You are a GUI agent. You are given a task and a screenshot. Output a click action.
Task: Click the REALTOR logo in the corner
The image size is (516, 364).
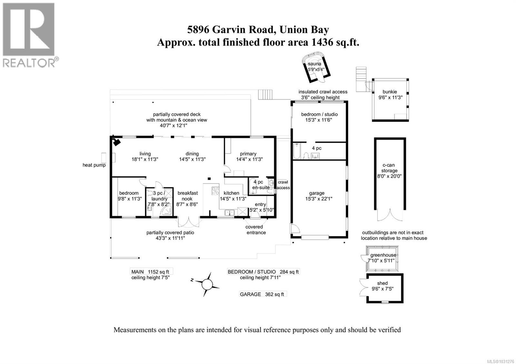(29, 34)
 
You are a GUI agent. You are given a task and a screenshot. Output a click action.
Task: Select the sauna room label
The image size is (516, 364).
(314, 64)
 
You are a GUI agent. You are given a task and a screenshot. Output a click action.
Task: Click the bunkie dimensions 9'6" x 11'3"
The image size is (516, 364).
(390, 98)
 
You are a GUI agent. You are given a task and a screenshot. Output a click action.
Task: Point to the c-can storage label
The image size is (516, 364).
(390, 168)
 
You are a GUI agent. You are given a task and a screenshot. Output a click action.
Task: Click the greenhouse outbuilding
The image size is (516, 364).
(383, 258)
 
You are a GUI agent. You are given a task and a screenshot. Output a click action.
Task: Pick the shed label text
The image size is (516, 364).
(382, 283)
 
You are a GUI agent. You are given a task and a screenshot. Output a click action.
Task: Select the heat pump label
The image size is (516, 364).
(94, 165)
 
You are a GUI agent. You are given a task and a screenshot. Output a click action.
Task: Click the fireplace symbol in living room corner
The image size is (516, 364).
(116, 141)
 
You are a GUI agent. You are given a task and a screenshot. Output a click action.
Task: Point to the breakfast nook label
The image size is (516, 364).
(187, 196)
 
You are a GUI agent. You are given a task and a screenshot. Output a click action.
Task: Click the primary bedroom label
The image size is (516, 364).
(248, 154)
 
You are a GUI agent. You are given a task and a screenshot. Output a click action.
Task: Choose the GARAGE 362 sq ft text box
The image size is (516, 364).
(262, 294)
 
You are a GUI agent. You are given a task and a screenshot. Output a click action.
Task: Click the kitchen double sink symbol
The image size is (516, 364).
(230, 212)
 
